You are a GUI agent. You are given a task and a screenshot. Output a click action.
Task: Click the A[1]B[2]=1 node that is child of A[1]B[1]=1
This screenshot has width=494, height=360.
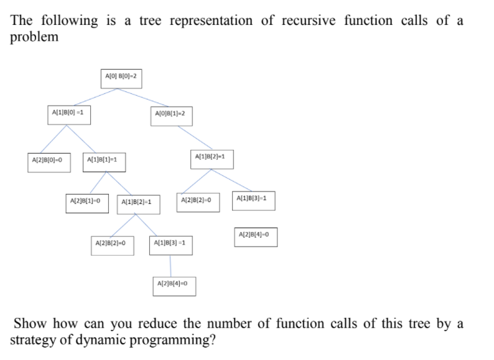[x=139, y=202]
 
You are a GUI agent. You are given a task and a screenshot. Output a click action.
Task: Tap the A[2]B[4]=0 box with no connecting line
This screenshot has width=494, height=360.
[x=255, y=237]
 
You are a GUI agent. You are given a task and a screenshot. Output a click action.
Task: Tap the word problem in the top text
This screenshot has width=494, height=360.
[x=35, y=37]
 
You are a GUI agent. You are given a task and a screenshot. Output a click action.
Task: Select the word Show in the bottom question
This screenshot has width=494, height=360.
[x=30, y=323]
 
